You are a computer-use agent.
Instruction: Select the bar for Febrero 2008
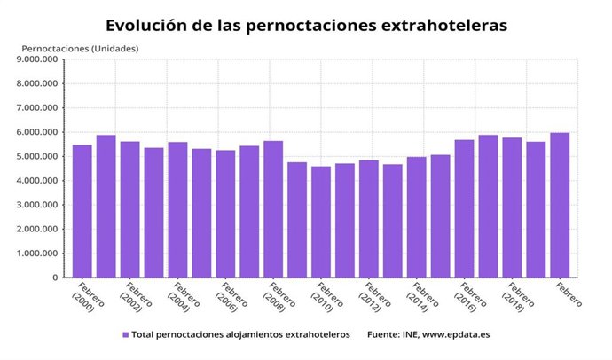pos(274,209)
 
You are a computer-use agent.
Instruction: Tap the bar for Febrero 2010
pos(321,222)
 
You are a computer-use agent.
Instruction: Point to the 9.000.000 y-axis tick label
pos(37,60)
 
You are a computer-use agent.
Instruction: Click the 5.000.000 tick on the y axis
pos(37,157)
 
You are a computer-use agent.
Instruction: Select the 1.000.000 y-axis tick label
pos(37,254)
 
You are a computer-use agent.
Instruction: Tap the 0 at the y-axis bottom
pos(55,278)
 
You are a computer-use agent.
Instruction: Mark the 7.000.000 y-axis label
pos(37,108)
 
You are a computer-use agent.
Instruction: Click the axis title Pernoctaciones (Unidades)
pos(80,47)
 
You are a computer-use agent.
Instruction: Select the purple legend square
pos(125,334)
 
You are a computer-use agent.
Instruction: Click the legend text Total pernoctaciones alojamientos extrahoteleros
pos(241,334)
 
